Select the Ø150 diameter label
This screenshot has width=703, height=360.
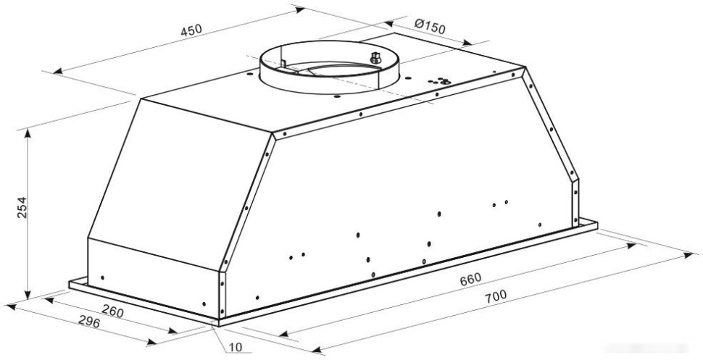[x=430, y=28]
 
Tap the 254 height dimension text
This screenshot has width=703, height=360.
[x=21, y=209]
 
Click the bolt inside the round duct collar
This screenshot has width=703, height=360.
[x=375, y=57]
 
